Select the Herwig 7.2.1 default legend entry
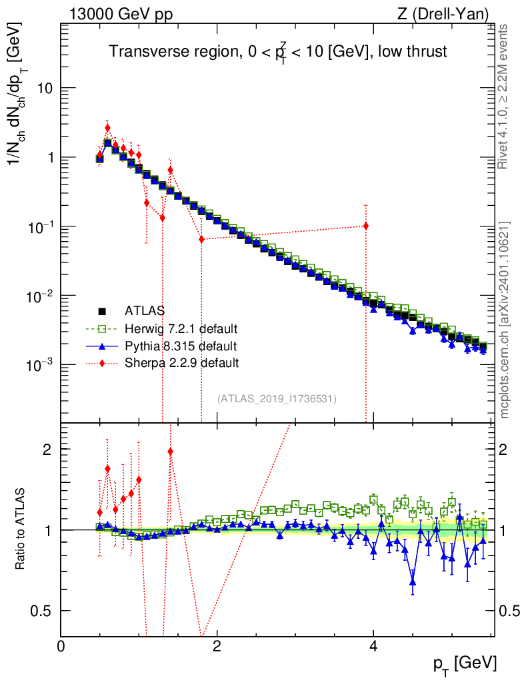pos(181,328)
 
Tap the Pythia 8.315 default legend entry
pos(180,346)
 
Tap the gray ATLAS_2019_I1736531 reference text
pos(277,398)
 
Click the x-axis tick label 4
pos(373,646)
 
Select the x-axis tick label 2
pos(217,646)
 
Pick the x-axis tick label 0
pos(61,646)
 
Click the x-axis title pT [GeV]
pos(465,663)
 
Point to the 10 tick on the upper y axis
pos(46,89)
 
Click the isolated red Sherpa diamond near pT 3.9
pos(366,226)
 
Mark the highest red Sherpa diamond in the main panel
pos(107,128)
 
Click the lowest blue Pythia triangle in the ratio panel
pos(413,582)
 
